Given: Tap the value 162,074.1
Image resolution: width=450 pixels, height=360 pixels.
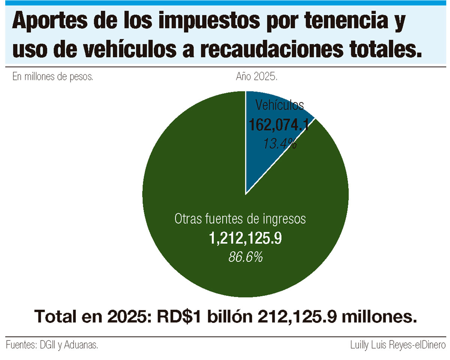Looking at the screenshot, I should (279, 125).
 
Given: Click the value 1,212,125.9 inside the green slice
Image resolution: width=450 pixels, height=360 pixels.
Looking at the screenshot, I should (245, 238).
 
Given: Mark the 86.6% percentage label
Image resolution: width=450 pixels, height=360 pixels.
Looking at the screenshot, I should (245, 257).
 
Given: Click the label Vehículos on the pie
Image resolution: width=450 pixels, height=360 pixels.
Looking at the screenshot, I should (279, 105).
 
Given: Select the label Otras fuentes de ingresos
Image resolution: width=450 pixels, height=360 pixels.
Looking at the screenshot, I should (240, 219).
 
